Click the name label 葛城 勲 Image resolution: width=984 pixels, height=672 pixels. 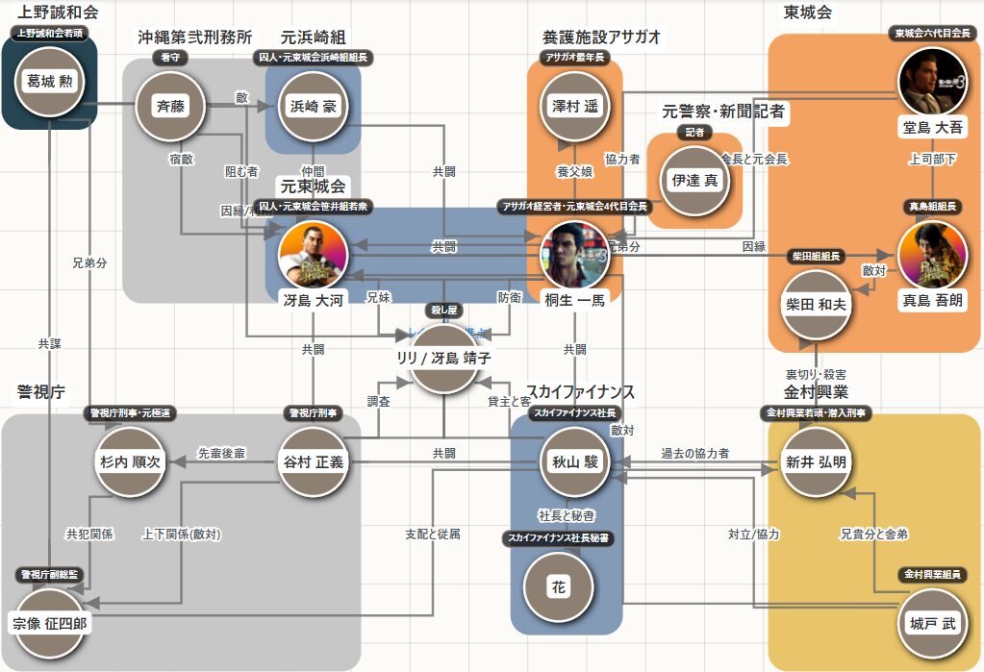[50, 80]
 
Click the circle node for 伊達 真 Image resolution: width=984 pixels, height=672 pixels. [691, 180]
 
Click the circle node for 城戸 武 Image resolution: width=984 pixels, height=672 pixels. [932, 623]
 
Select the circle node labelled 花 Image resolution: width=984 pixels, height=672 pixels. [559, 587]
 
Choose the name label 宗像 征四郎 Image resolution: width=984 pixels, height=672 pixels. [50, 624]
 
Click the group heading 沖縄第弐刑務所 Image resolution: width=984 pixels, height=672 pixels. [194, 37]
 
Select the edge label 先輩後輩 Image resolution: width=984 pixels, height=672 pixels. [221, 452]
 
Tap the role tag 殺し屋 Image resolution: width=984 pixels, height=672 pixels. [444, 311]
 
